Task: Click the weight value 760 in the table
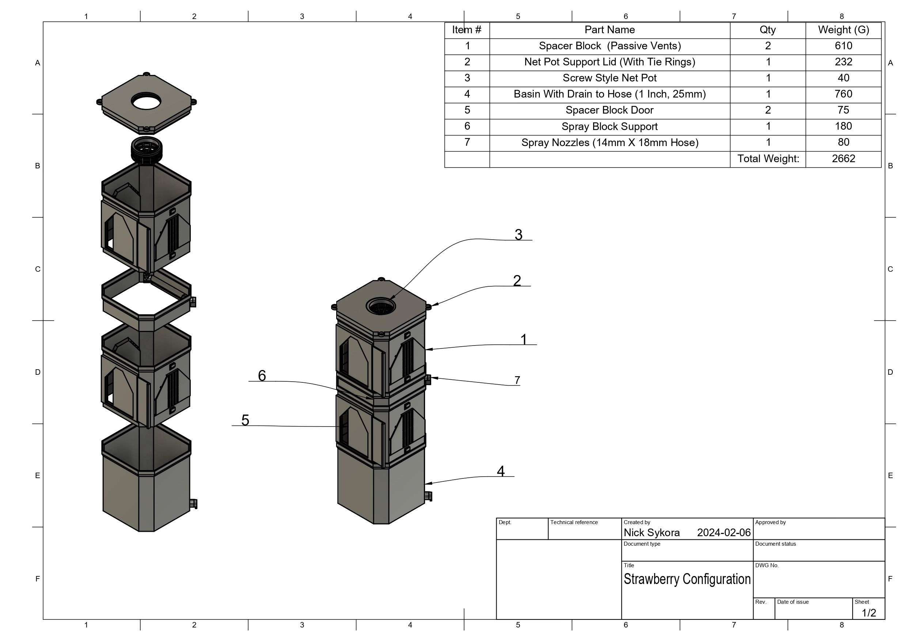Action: coord(843,94)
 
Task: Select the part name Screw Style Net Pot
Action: coord(609,78)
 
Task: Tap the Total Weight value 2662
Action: coord(843,159)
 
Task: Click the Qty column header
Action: coord(767,30)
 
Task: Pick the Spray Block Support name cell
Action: coord(609,126)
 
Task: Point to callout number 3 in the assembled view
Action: coord(518,234)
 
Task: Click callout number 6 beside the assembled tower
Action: coord(262,375)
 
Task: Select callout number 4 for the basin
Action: coord(501,471)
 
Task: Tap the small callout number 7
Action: coord(517,380)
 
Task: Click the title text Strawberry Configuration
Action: coord(687,579)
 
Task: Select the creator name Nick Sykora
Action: coord(652,533)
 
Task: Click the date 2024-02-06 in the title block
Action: coord(723,533)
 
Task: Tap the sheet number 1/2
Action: coord(869,613)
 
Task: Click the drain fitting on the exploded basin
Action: coord(193,504)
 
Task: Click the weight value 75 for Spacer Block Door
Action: coord(843,110)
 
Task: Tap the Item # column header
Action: coord(467,30)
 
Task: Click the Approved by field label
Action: coord(770,522)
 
